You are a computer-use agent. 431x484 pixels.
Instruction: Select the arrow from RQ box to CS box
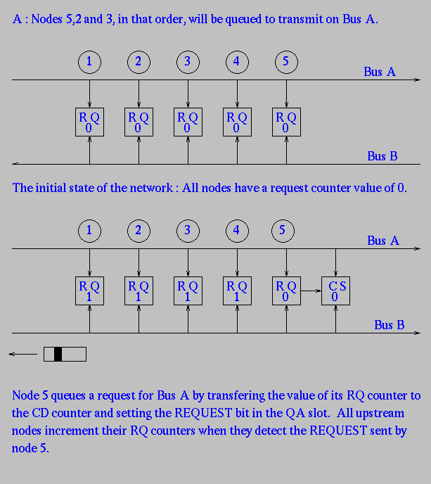click(311, 291)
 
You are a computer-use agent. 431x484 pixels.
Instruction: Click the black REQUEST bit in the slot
click(58, 354)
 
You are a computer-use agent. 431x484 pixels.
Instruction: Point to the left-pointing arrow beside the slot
click(22, 354)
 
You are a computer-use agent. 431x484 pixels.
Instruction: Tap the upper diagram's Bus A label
click(380, 72)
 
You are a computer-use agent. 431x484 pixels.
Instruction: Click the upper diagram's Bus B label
click(382, 156)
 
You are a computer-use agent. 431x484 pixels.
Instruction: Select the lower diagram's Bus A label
click(383, 241)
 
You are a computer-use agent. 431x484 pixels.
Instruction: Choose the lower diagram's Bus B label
click(390, 325)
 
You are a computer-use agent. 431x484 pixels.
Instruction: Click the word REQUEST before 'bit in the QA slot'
click(203, 413)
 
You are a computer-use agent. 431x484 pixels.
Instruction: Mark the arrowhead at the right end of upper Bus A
click(417, 79)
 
